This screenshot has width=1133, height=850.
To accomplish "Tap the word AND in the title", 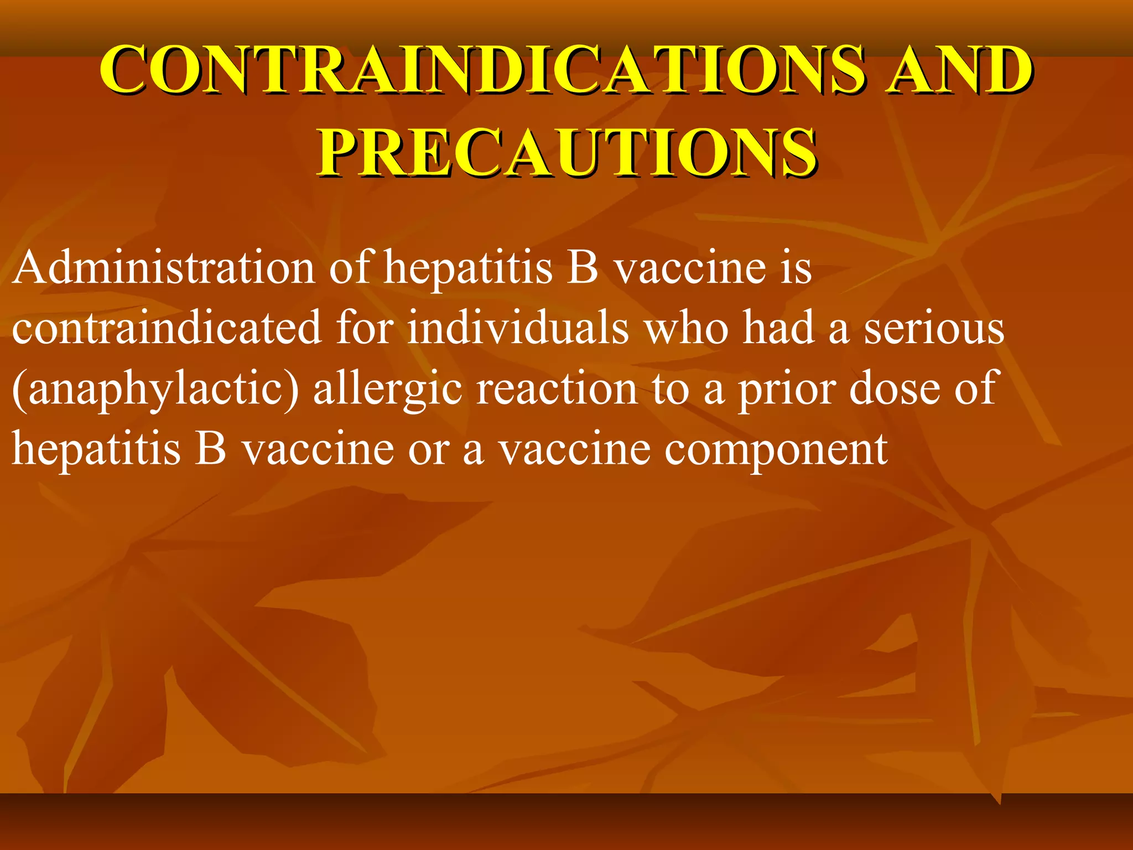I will [x=958, y=70].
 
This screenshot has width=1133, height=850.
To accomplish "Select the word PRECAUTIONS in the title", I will [x=566, y=152].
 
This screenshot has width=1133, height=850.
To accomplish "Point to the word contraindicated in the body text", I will [x=167, y=328].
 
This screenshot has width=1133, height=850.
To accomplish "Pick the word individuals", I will [x=518, y=328].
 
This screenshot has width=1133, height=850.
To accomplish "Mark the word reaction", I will [x=557, y=388].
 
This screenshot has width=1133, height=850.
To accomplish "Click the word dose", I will [x=894, y=388].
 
